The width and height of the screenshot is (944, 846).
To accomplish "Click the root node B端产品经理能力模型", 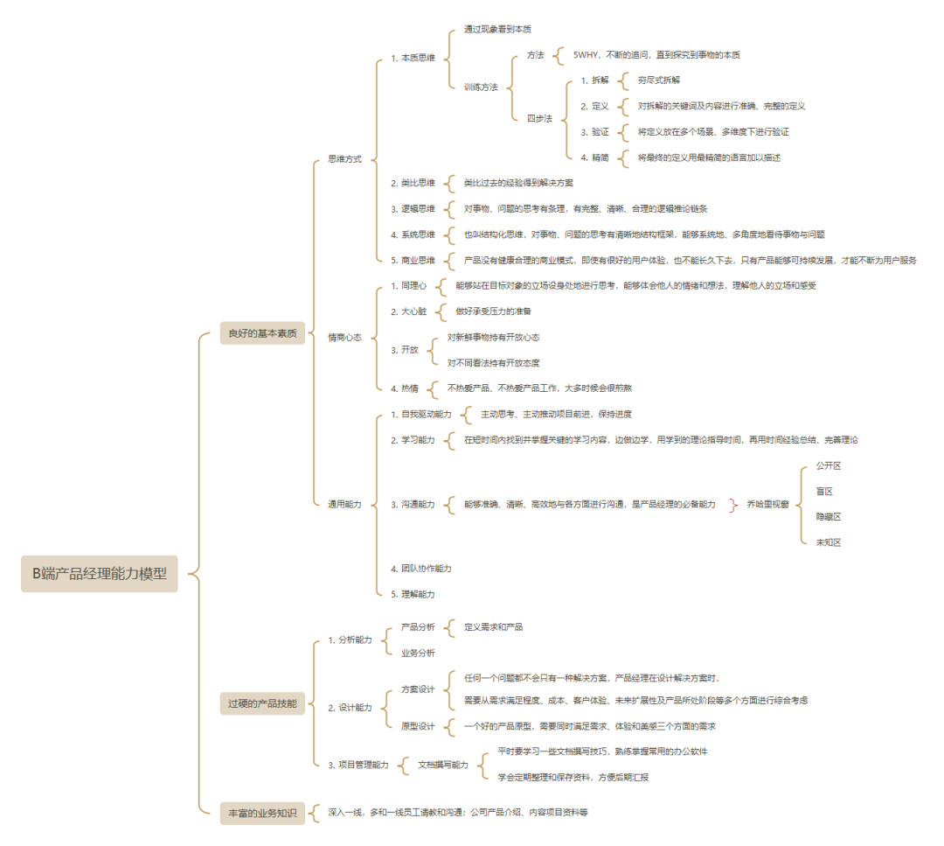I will coord(100,574).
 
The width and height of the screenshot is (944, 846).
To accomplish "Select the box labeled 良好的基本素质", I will coord(262,332).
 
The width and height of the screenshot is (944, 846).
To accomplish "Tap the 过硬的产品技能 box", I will coord(262,703).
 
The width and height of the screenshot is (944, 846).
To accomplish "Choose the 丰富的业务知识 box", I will coord(262,813).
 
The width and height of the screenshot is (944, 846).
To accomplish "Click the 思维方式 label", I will coord(344,159).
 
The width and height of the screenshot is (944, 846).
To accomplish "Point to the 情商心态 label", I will coord(344,337).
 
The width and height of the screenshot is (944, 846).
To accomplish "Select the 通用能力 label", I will coord(344,504).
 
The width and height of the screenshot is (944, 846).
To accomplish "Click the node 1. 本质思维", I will coord(413,58).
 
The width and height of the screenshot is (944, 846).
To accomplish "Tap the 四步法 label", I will coord(539,118).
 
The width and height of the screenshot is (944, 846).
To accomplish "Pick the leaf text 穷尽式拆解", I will coord(658,80).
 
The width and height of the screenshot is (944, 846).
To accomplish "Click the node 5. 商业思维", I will coord(413,260).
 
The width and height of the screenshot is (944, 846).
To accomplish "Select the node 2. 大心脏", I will coord(409,311).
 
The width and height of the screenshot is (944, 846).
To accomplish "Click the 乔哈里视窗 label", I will coord(767,504).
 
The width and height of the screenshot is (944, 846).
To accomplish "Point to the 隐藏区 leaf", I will coord(828,517).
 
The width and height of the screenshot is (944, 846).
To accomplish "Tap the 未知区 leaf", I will coord(828,542).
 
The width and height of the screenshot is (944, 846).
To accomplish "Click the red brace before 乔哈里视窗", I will coord(732,504).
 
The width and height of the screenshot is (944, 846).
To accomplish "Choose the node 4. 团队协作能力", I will coord(421,569).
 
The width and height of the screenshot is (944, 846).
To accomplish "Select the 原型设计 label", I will coord(418,726).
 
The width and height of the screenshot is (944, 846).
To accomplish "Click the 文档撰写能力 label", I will coord(442,765).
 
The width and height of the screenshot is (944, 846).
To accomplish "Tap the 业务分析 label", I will coord(418,653).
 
